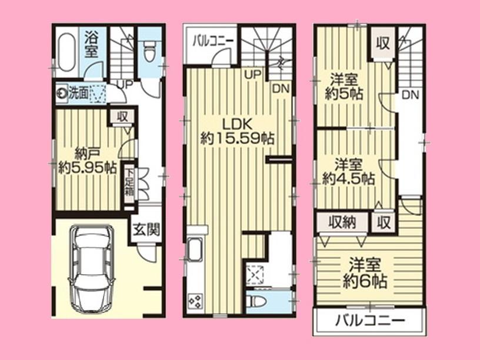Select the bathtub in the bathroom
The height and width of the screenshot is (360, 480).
coord(66,52)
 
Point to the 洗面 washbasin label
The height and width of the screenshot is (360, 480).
coord(78,93)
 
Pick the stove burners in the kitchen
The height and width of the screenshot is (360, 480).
coord(194,302)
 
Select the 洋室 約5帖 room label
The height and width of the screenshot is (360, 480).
coord(345,86)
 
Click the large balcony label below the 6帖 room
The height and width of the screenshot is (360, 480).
coord(370,321)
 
